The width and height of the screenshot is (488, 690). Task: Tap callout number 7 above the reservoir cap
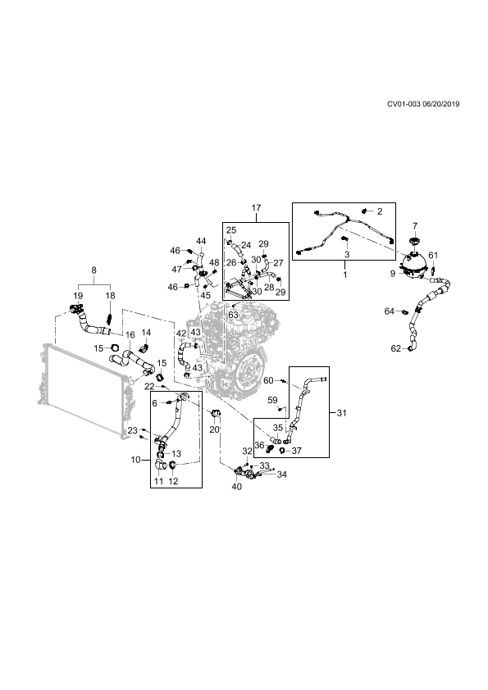(414, 225)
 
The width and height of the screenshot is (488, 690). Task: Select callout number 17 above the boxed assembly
(257, 207)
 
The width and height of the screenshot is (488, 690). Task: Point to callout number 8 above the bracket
(93, 270)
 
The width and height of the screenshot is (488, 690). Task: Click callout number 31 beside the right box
(342, 413)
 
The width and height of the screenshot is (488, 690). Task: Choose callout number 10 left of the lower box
(135, 460)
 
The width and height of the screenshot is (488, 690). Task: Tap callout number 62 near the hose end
(396, 348)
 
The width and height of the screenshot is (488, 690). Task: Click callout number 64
(390, 311)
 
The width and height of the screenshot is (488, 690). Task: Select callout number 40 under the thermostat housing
(236, 487)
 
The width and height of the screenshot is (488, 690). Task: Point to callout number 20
(215, 429)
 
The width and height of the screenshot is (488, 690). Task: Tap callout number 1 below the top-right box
(344, 275)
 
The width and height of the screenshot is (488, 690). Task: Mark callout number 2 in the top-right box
(379, 211)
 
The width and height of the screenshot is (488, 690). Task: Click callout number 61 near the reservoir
(433, 255)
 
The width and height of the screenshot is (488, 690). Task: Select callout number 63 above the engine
(233, 315)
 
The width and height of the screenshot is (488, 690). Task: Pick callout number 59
(272, 400)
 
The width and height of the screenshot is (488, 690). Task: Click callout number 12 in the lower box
(174, 481)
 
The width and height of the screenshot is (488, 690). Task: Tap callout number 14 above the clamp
(146, 332)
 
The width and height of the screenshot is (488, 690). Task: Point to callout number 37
(297, 451)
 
